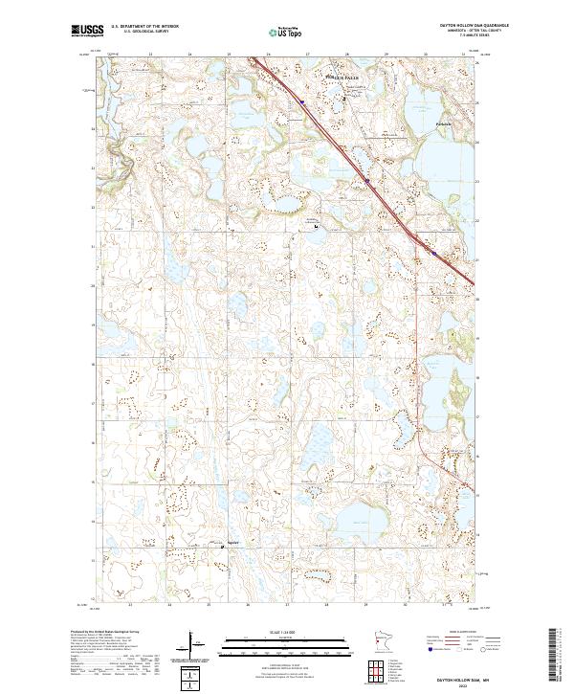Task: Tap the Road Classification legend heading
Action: (x=461, y=634)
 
